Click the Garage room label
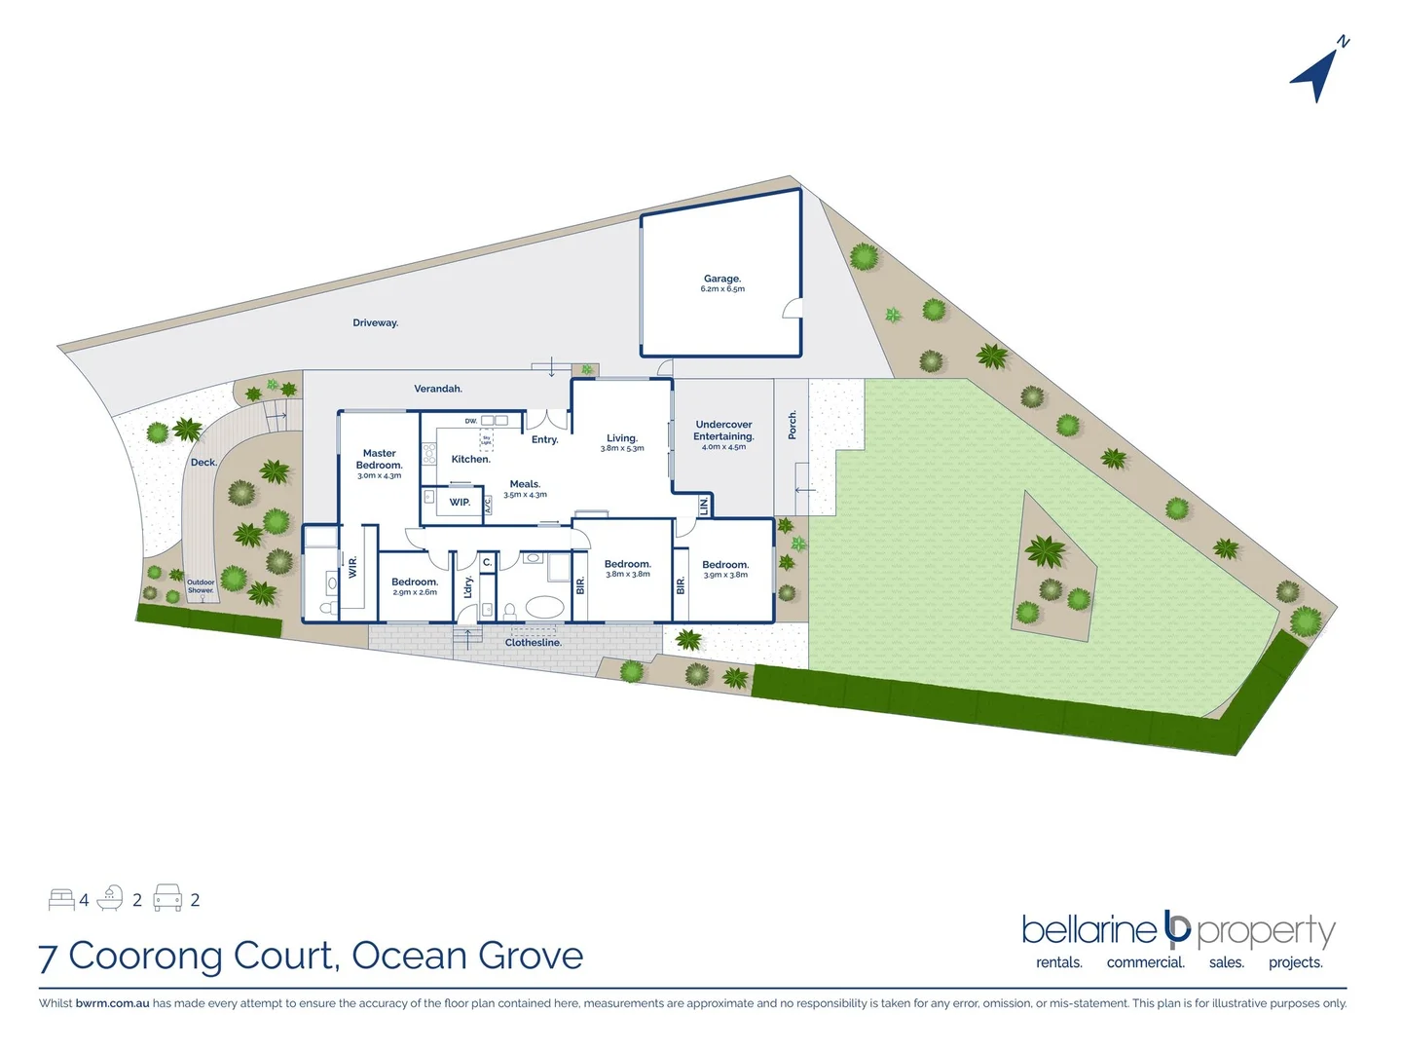722,279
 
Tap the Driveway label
376,323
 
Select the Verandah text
438,389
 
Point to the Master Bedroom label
379,459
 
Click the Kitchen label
470,459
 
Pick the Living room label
622,438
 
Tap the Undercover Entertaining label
723,431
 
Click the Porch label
793,425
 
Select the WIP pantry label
460,503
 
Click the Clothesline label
534,643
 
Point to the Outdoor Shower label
201,586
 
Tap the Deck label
203,463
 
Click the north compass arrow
1316,74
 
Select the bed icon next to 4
61,899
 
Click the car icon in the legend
167,898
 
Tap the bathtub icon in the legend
110,898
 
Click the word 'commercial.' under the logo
1146,962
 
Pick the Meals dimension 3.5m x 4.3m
525,495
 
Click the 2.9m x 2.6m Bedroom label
415,586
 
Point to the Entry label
545,440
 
